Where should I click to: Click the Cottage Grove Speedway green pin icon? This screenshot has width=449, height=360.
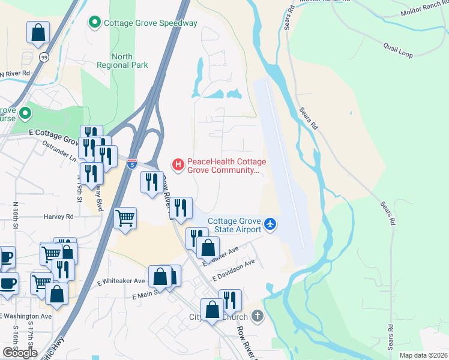(94, 23)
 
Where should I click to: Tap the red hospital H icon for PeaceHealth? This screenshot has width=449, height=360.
(178, 163)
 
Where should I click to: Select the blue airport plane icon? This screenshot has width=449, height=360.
(271, 224)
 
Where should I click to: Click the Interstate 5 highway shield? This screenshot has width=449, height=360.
(132, 163)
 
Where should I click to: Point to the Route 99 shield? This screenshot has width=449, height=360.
(44, 57)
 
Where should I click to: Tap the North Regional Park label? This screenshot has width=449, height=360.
(122, 61)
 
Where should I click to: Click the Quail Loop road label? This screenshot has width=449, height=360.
(398, 50)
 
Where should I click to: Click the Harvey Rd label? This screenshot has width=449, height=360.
(58, 217)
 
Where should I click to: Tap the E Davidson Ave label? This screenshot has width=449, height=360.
(234, 263)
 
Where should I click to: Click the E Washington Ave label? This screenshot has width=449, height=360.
(26, 316)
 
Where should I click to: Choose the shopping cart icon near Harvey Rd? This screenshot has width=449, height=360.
(125, 218)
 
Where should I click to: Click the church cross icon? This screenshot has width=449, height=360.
(257, 316)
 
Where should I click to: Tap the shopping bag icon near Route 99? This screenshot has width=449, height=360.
(38, 32)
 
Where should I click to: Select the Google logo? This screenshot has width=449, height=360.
(20, 353)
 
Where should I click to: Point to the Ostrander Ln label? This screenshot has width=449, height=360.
(60, 151)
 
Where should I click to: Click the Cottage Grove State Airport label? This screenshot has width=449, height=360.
(235, 225)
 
